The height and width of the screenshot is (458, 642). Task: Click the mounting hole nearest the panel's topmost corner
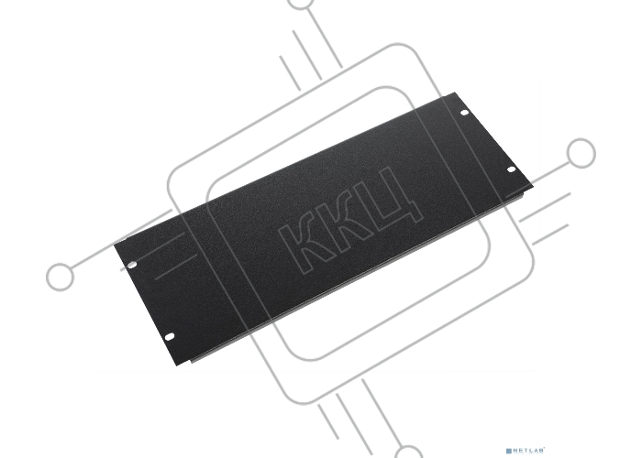pyautogui.click(x=464, y=113)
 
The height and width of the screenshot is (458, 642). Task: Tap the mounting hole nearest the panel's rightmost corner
pyautogui.click(x=512, y=169)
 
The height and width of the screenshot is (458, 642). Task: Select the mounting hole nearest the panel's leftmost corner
pyautogui.click(x=131, y=265)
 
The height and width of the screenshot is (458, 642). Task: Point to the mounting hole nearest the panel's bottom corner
pyautogui.click(x=169, y=336)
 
